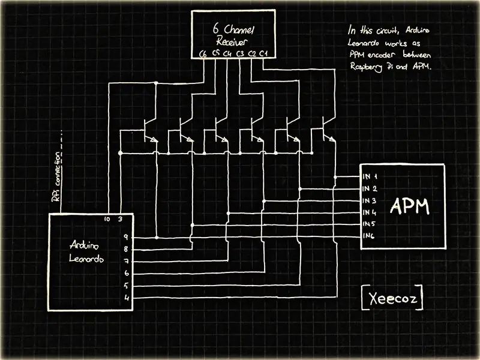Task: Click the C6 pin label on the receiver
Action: click(x=203, y=54)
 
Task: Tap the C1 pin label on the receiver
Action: click(x=263, y=53)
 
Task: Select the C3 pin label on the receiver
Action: click(x=240, y=53)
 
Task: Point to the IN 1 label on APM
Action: click(x=370, y=176)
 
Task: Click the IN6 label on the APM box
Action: click(x=368, y=236)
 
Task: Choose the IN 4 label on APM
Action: click(x=370, y=212)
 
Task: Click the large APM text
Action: click(x=410, y=206)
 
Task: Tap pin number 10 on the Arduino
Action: click(x=107, y=219)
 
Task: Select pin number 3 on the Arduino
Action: click(x=121, y=219)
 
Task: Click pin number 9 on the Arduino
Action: click(x=125, y=237)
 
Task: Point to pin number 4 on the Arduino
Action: click(x=127, y=298)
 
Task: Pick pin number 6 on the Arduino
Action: click(x=127, y=273)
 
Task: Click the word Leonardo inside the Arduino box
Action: click(x=86, y=259)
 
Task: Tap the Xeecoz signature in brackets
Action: click(x=393, y=298)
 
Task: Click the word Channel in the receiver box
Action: click(x=239, y=29)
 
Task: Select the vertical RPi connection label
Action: click(x=56, y=177)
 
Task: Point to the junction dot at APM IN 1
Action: click(x=335, y=177)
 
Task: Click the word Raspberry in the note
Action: click(x=366, y=67)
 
